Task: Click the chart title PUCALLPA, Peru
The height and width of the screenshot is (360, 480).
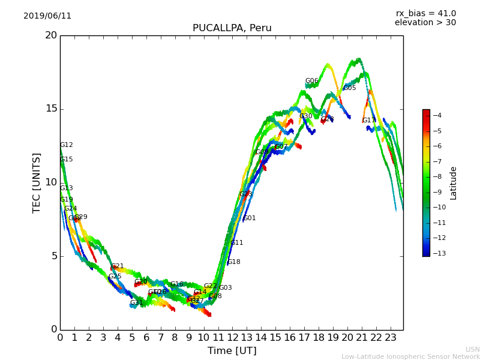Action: [232, 28]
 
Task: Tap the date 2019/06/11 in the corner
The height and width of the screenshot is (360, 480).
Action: [47, 16]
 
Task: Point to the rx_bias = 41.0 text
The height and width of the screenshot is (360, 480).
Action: [425, 14]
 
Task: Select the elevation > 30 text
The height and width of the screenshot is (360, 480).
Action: [425, 23]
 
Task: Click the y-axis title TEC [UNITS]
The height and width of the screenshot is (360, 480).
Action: [37, 182]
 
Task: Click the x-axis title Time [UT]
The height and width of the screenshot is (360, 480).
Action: [232, 350]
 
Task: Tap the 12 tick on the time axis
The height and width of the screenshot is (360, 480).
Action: [232, 337]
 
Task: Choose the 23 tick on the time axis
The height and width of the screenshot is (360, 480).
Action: [391, 337]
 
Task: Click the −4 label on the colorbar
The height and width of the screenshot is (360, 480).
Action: [437, 116]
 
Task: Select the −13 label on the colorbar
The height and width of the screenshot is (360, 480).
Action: [437, 253]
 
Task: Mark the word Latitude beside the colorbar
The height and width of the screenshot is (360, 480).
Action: [454, 183]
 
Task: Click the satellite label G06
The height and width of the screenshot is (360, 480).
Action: [311, 81]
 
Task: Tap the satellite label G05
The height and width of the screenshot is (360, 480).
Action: [349, 88]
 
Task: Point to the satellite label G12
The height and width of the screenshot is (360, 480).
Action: [66, 145]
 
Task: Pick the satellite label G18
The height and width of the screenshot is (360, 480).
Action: [233, 262]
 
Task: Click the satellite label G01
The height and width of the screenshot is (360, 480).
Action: [249, 218]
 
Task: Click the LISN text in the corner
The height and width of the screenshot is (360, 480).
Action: [472, 349]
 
